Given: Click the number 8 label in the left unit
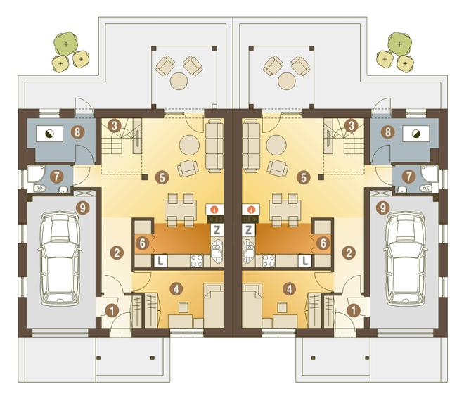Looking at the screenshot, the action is pyautogui.click(x=77, y=132).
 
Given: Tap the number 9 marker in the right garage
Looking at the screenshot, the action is pyautogui.click(x=383, y=208).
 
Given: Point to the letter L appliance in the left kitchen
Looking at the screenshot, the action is pyautogui.click(x=160, y=261).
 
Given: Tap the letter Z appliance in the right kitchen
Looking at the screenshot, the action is pyautogui.click(x=249, y=230).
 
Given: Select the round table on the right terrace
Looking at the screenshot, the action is pyautogui.click(x=286, y=81).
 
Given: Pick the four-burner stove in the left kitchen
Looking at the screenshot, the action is pyautogui.click(x=197, y=261).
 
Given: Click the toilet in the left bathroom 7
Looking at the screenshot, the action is pyautogui.click(x=40, y=188).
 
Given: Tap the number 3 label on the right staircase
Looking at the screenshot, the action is pyautogui.click(x=351, y=126).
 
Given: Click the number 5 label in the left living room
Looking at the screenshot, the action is pyautogui.click(x=162, y=178).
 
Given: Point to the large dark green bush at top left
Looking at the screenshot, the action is pyautogui.click(x=66, y=44).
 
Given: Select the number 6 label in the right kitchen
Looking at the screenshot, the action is pyautogui.click(x=323, y=243).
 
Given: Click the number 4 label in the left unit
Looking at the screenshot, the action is pyautogui.click(x=176, y=288).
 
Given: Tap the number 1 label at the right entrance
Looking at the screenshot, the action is pyautogui.click(x=354, y=311).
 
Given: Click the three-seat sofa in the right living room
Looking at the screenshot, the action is pyautogui.click(x=251, y=146).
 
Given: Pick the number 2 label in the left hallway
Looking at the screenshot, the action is pyautogui.click(x=117, y=253).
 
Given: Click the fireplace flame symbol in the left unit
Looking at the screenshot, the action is pyautogui.click(x=214, y=210).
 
